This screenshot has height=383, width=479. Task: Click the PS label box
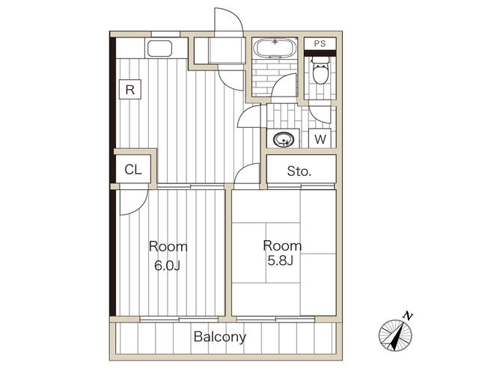pos(320,43)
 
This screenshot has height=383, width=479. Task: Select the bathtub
pos(275,48)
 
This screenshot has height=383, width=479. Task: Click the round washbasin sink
pos(283,140)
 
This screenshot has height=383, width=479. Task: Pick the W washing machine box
pos(320,139)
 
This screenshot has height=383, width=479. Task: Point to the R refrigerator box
pos(130,90)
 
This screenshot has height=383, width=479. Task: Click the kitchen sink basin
pos(160,49)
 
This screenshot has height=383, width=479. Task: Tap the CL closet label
pos(133,170)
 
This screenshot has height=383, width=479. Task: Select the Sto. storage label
pos(299,171)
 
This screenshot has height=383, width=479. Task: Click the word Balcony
pos(220,337)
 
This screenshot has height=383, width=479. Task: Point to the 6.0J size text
pos(167,266)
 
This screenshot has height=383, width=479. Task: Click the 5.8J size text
pos(281,260)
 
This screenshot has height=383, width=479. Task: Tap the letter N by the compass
pos(407,316)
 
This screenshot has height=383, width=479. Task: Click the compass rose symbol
pos(395,335)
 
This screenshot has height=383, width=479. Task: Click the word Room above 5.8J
pos(282,246)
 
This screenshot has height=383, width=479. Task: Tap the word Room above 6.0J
pos(168,247)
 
